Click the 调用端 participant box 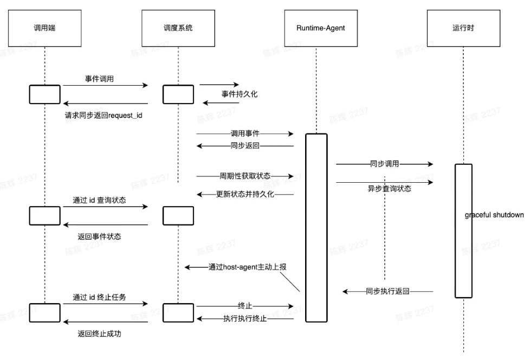(44, 28)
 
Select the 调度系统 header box (178, 28)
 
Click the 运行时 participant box (463, 28)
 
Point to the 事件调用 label (100, 79)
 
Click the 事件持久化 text (240, 94)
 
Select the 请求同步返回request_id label (103, 115)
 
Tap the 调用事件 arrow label (245, 133)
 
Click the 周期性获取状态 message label (244, 176)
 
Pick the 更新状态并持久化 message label (244, 194)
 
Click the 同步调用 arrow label (384, 164)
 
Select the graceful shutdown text (494, 215)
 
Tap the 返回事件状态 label (99, 236)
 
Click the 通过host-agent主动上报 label (244, 267)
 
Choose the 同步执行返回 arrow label (387, 291)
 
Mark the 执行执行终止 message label (245, 319)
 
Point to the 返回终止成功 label (99, 333)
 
